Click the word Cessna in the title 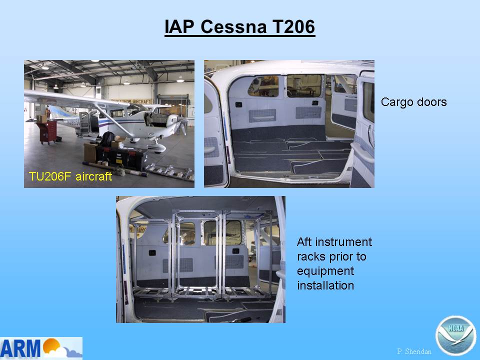pyautogui.click(x=233, y=26)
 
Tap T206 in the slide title pyautogui.click(x=293, y=26)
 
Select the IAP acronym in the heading pyautogui.click(x=179, y=26)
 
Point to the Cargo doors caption pyautogui.click(x=414, y=102)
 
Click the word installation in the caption pyautogui.click(x=325, y=285)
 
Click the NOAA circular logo pyautogui.click(x=455, y=335)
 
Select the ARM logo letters pyautogui.click(x=20, y=348)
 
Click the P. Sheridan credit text pyautogui.click(x=414, y=351)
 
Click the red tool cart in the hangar pyautogui.click(x=47, y=132)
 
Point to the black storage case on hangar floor pyautogui.click(x=121, y=156)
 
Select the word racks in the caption pyautogui.click(x=311, y=256)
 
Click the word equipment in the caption pyautogui.click(x=325, y=271)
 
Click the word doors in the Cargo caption pyautogui.click(x=431, y=102)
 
